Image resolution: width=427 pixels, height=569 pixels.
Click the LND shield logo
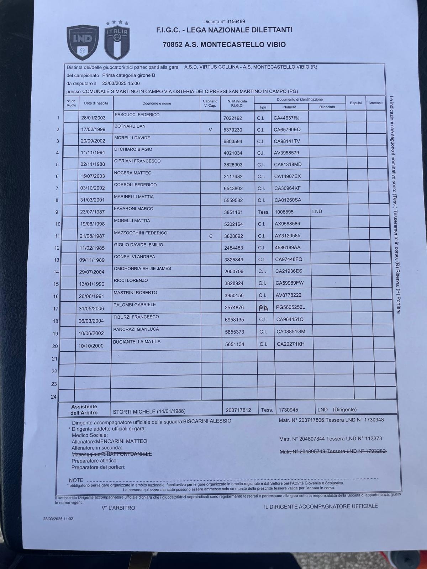(x=83, y=42)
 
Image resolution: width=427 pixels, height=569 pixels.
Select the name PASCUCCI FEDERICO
(x=137, y=115)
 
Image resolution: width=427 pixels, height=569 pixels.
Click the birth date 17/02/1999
(x=93, y=129)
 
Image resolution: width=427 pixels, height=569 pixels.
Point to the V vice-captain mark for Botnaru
(x=210, y=130)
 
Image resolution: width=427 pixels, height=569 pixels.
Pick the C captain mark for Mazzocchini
(x=211, y=236)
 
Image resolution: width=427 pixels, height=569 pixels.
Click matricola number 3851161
(x=233, y=212)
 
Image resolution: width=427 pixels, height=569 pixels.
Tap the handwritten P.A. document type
(x=263, y=308)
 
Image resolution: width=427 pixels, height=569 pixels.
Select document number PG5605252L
(x=291, y=307)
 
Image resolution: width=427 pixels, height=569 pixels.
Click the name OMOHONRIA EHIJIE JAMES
(x=142, y=268)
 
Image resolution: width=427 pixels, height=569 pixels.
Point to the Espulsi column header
(x=355, y=103)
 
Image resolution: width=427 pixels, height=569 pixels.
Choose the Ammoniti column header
(x=376, y=103)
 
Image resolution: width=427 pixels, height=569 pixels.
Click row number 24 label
(x=54, y=397)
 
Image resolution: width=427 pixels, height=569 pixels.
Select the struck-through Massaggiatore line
(x=112, y=454)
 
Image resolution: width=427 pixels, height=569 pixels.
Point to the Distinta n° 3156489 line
(x=224, y=22)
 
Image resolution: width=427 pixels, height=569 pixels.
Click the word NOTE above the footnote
(x=76, y=480)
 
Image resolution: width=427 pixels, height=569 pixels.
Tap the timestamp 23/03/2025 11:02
(x=58, y=519)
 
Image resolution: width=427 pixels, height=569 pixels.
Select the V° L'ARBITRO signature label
(x=118, y=508)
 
